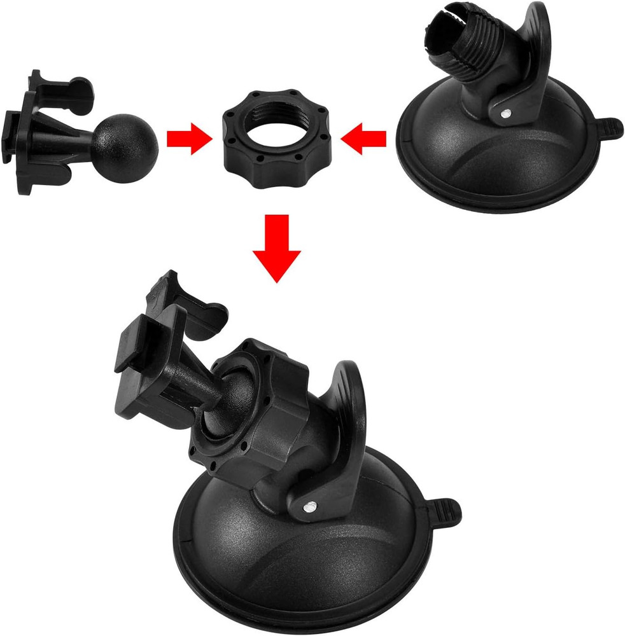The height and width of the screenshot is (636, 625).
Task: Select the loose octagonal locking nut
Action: (262, 169)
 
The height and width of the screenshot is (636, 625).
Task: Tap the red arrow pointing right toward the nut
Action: (188, 138)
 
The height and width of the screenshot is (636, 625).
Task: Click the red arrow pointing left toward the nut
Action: (364, 138)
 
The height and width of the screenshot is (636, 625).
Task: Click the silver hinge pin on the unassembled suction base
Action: (505, 113)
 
